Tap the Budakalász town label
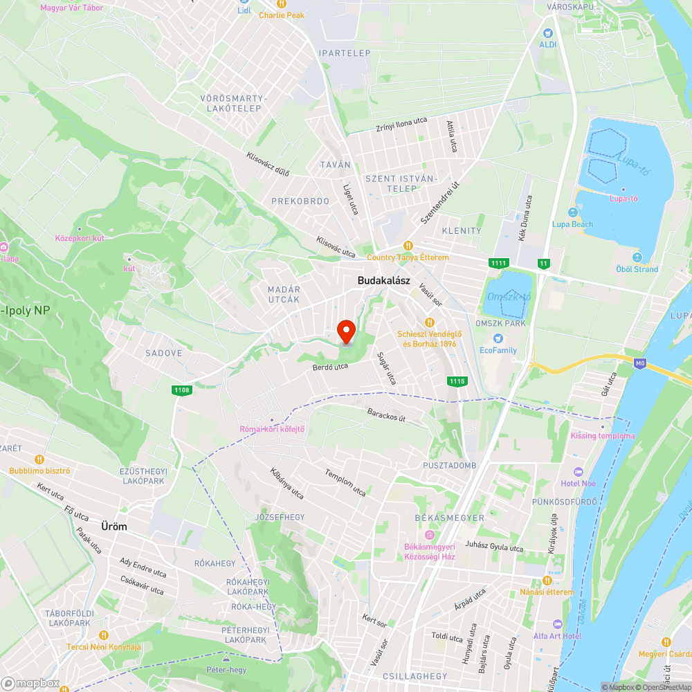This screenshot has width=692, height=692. [384, 281]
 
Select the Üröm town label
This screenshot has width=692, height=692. [114, 527]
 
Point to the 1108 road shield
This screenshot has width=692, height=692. [182, 391]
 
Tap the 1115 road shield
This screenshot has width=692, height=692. [457, 381]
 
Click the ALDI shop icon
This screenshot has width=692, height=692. [548, 33]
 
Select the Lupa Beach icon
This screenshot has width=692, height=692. [572, 212]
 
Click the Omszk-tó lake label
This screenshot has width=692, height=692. [509, 296]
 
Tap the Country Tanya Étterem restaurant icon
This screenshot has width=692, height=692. [408, 246]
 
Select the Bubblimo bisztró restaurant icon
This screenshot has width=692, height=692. [39, 459]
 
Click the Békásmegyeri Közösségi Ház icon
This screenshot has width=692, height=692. [429, 535]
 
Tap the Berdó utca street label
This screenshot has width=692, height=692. [329, 367]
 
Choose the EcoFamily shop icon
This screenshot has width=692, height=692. [498, 338]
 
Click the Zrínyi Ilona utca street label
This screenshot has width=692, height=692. [401, 125]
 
